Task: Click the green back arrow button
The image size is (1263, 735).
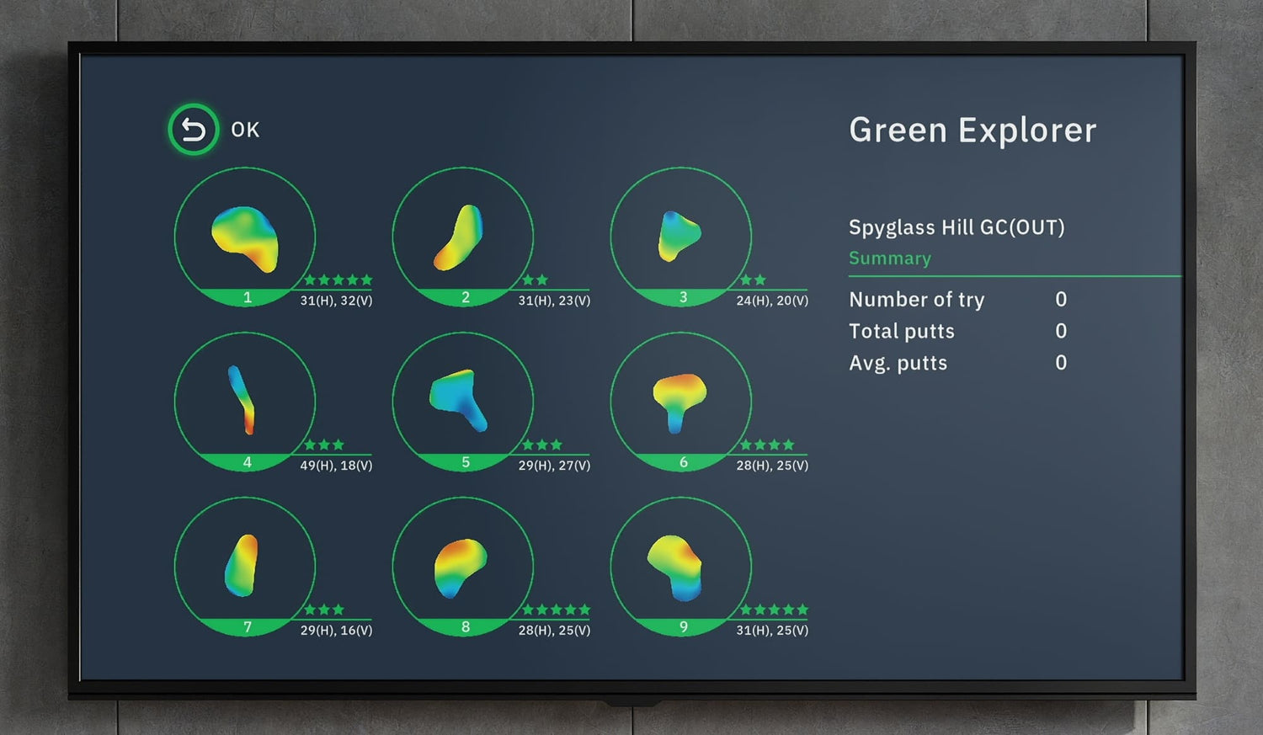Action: pyautogui.click(x=194, y=130)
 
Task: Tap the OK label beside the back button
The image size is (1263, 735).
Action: pyautogui.click(x=245, y=130)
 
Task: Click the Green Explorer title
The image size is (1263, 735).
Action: pyautogui.click(x=973, y=130)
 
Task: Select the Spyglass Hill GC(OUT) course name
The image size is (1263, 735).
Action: pyautogui.click(x=957, y=227)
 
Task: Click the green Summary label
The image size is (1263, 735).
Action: pyautogui.click(x=890, y=258)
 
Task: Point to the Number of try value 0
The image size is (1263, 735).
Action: pyautogui.click(x=1061, y=299)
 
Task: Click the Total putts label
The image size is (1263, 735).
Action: pyautogui.click(x=902, y=332)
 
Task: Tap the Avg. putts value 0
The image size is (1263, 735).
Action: pyautogui.click(x=1061, y=362)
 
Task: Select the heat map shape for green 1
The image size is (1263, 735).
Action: pyautogui.click(x=246, y=238)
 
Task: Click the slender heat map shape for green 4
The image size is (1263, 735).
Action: pyautogui.click(x=242, y=399)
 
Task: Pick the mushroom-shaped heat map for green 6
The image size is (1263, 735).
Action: pyautogui.click(x=679, y=402)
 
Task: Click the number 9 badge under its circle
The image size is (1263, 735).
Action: pyautogui.click(x=684, y=627)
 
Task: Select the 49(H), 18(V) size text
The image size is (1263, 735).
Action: pyautogui.click(x=336, y=466)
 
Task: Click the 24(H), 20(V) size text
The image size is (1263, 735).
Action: pyautogui.click(x=772, y=301)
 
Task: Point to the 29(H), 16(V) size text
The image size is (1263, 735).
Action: pyautogui.click(x=336, y=630)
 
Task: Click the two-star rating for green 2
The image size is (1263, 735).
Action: pyautogui.click(x=535, y=280)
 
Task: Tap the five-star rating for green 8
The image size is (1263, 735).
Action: pyautogui.click(x=556, y=610)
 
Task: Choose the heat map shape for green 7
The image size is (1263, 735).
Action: pyautogui.click(x=242, y=565)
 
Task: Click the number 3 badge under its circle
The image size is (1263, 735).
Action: pyautogui.click(x=684, y=297)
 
